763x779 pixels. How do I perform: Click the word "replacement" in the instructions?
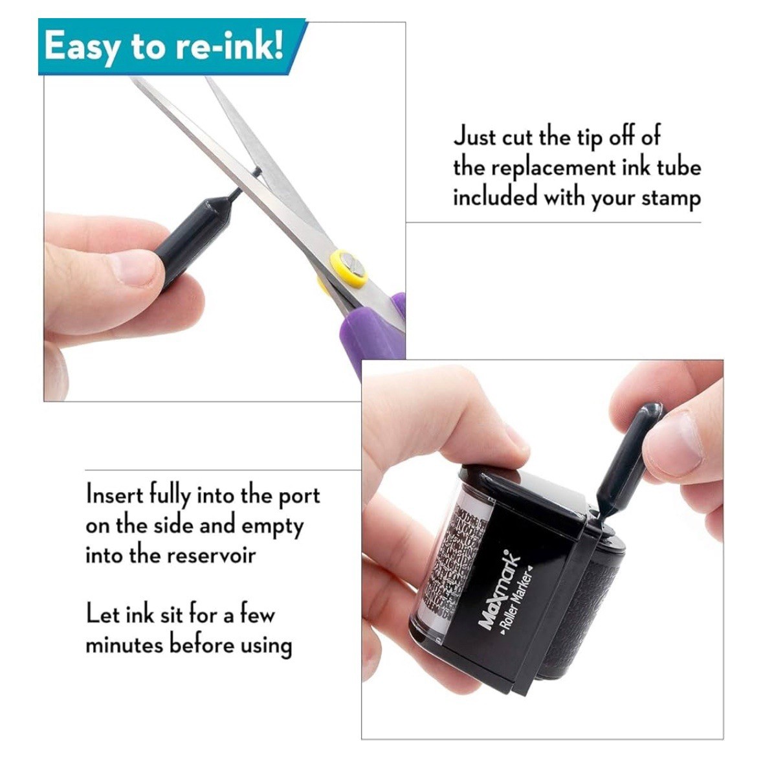(553, 168)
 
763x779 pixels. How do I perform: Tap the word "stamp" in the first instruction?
(670, 198)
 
